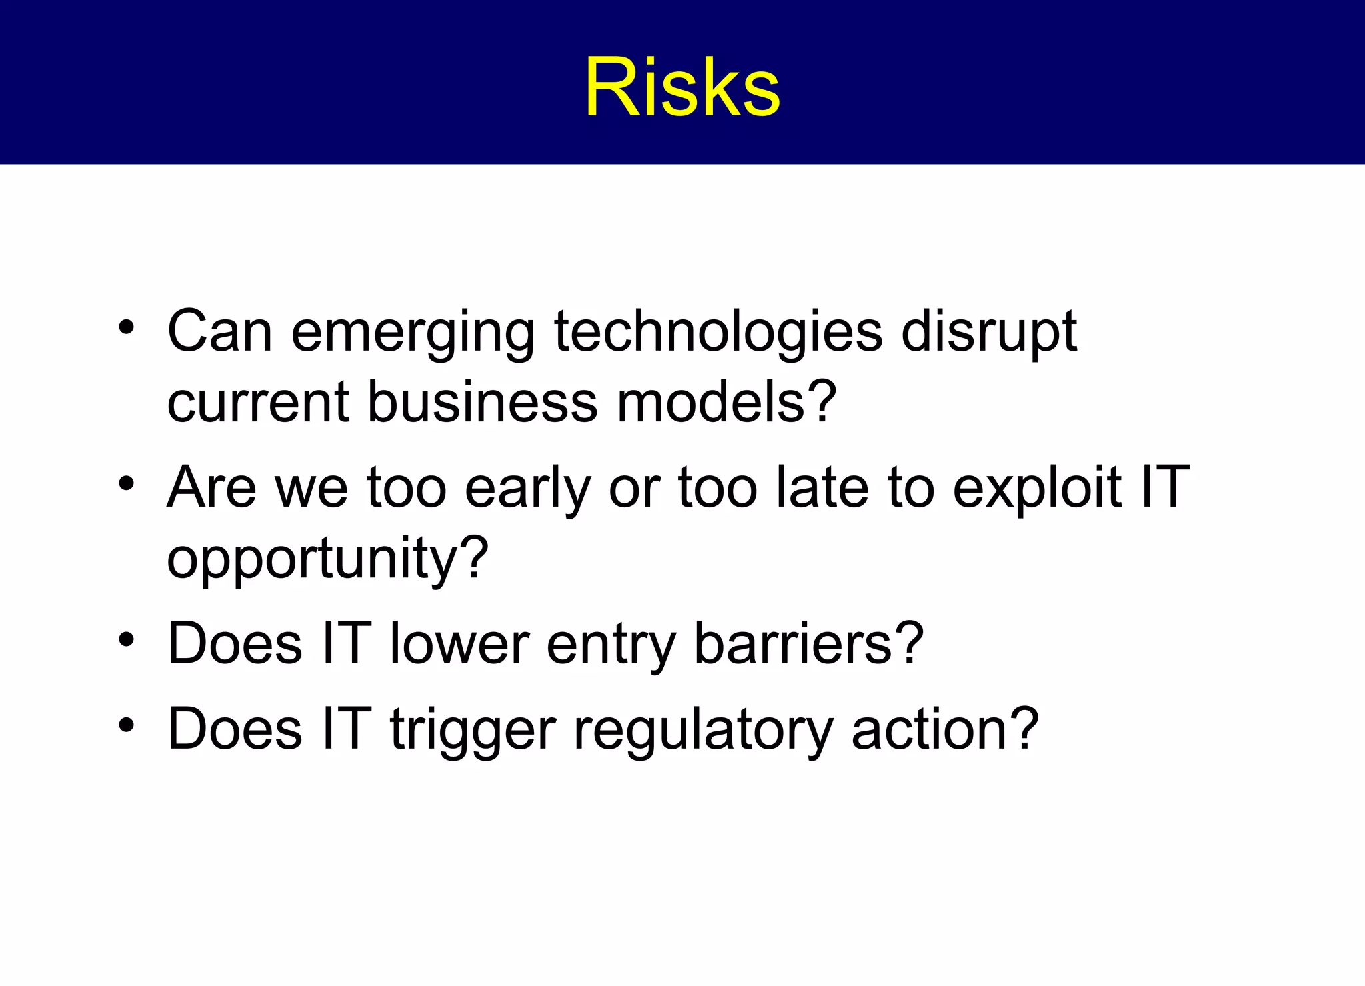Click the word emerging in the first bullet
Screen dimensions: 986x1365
click(x=413, y=333)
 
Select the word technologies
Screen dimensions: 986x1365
click(x=718, y=333)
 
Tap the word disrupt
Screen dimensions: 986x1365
click(x=989, y=333)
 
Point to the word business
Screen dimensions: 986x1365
click(x=483, y=403)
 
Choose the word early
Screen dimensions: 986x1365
click(x=527, y=489)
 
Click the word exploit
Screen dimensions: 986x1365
click(x=1037, y=489)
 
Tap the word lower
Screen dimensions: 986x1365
click(x=460, y=644)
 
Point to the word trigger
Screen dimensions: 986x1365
click(x=473, y=731)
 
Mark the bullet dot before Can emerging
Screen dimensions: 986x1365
click(x=127, y=328)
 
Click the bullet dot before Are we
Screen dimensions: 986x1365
click(x=127, y=483)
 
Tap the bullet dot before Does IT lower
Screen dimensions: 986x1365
click(x=127, y=640)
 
